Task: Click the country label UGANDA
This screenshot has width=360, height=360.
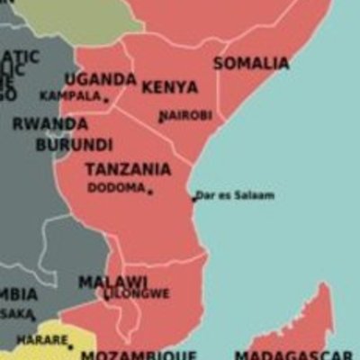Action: tap(100, 79)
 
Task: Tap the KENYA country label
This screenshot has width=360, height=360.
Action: tap(169, 87)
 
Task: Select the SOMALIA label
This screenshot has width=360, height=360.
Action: tap(251, 63)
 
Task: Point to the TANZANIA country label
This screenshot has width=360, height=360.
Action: tap(128, 169)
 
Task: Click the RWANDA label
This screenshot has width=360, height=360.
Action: tap(50, 124)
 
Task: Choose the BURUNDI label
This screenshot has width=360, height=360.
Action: tap(74, 144)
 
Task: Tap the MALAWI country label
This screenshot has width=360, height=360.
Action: tap(112, 282)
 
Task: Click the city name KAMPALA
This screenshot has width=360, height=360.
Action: tap(70, 95)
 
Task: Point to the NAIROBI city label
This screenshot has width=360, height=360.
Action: tap(185, 115)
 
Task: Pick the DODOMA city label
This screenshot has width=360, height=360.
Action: tap(116, 188)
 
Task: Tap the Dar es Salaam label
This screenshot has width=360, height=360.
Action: tap(235, 195)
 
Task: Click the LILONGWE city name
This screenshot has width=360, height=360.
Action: tap(137, 293)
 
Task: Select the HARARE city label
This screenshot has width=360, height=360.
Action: tap(42, 341)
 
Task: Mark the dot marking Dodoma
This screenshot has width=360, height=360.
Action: tap(150, 192)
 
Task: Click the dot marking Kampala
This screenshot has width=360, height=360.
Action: tap(105, 99)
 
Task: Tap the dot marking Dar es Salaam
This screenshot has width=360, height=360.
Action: tap(193, 199)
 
